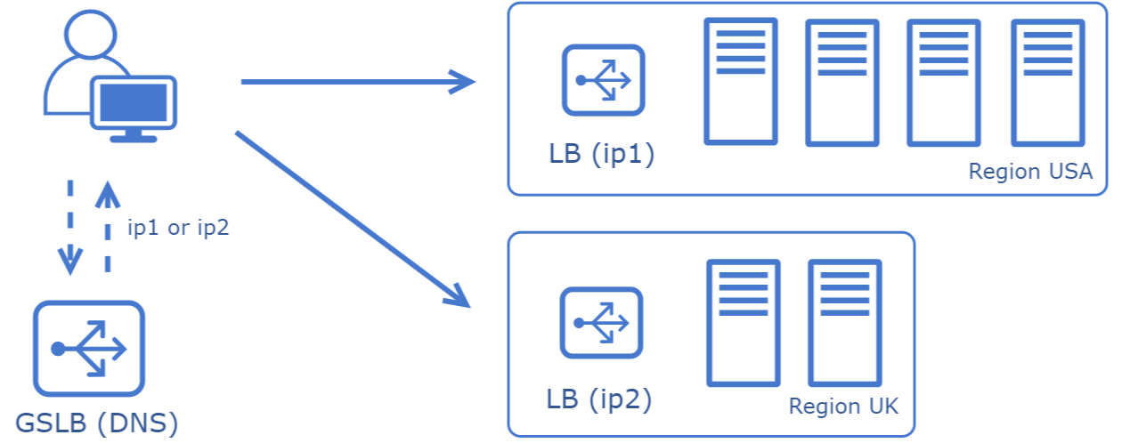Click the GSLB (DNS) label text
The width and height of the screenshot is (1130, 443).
[97, 423]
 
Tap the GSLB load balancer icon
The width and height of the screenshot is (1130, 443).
[89, 348]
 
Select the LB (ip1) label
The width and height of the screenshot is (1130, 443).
[601, 154]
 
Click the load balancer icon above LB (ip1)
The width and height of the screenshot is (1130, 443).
[604, 80]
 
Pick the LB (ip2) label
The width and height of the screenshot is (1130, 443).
[599, 399]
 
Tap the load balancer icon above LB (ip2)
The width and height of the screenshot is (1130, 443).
[601, 323]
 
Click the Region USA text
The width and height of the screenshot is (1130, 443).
[1030, 172]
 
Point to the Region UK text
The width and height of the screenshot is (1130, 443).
[843, 407]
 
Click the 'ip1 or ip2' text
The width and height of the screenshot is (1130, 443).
[178, 228]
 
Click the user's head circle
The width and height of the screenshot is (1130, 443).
[91, 35]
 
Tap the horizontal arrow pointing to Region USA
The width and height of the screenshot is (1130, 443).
[358, 82]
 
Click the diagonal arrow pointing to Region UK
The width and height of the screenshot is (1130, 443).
[353, 219]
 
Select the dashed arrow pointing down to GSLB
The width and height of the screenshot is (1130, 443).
[70, 228]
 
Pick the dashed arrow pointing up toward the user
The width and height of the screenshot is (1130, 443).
[108, 227]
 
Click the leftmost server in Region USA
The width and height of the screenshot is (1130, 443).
[741, 82]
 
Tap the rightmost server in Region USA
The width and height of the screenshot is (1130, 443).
[1048, 83]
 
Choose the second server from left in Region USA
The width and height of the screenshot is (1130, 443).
[842, 83]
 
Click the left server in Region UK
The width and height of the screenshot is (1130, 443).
[743, 323]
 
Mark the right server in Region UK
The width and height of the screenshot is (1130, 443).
[845, 323]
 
